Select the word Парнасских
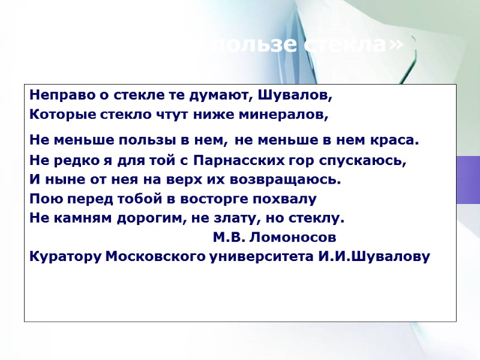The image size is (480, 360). (x=237, y=161)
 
